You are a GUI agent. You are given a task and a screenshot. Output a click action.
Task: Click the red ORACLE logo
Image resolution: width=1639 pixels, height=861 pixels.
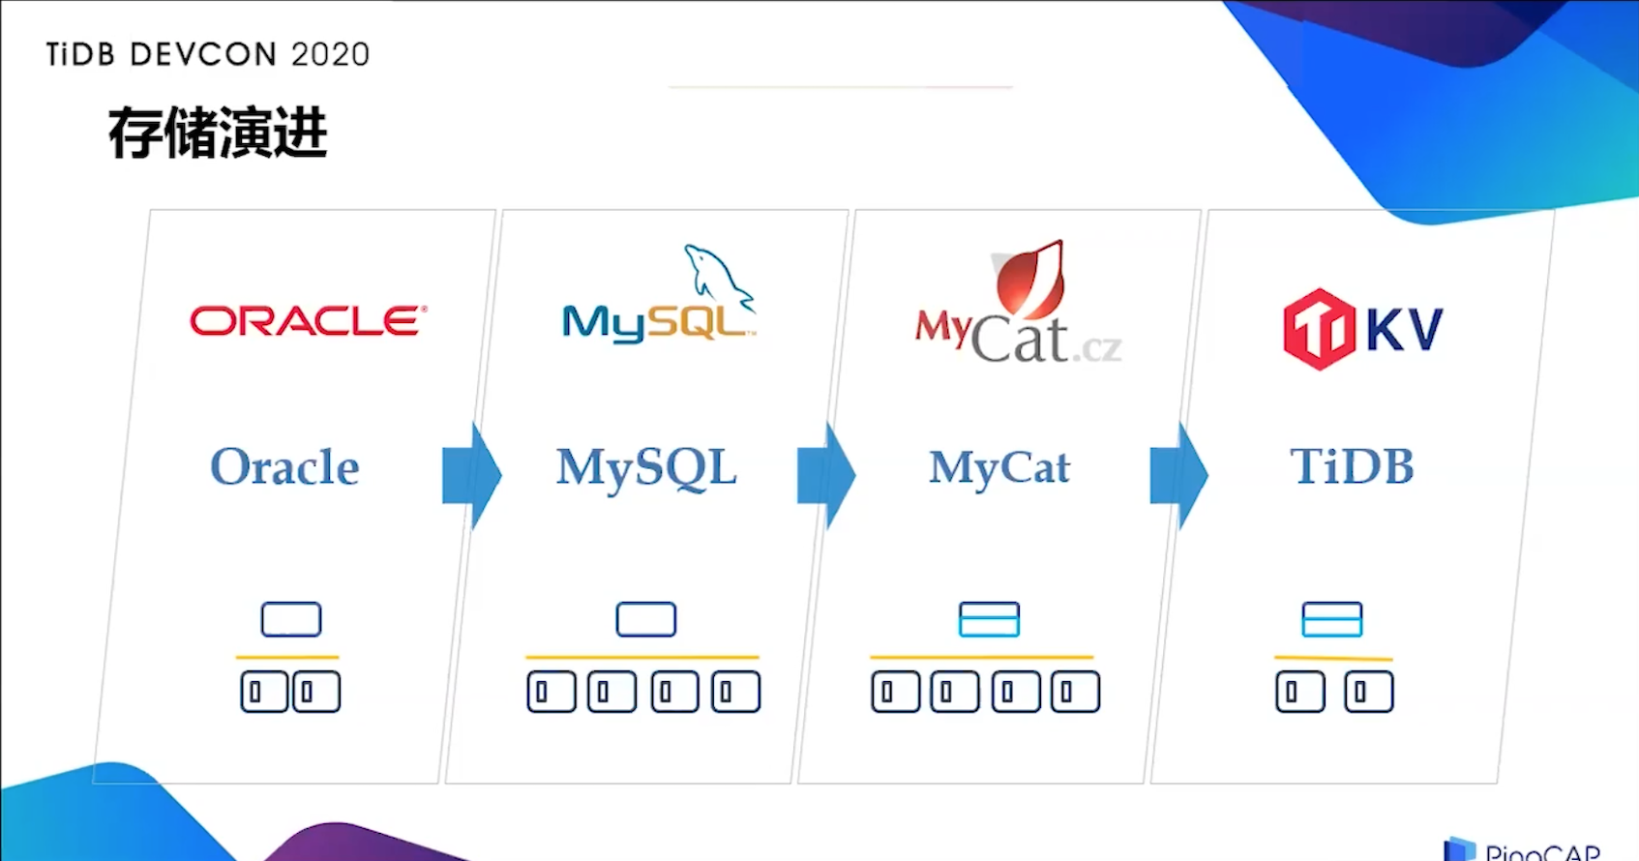coord(308,321)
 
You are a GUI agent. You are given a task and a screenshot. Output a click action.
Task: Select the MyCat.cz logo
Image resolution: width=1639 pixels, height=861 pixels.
coord(1018,308)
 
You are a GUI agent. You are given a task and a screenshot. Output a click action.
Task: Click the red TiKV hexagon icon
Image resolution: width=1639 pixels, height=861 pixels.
coord(1318,329)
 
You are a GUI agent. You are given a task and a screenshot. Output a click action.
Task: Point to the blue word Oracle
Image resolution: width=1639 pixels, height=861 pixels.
coord(284,467)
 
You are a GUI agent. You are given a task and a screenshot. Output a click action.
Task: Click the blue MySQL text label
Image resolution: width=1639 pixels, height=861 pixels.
coord(646,468)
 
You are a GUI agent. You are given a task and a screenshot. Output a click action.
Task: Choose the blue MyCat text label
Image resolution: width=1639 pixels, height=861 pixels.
coord(999,468)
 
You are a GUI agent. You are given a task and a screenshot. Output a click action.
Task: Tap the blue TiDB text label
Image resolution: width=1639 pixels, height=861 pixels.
coord(1352,466)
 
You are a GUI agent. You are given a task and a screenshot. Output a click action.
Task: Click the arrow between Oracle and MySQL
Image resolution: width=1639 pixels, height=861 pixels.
coord(471,475)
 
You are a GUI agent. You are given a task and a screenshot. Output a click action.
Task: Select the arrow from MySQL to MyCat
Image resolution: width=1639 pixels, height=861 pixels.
coord(825,475)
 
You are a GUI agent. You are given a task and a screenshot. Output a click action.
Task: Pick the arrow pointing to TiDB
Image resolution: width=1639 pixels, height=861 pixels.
coord(1178,475)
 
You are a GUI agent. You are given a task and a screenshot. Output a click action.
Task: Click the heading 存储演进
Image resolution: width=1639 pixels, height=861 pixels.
coord(218,134)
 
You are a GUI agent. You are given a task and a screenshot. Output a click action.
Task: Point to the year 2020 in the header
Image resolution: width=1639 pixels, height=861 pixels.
coord(330,55)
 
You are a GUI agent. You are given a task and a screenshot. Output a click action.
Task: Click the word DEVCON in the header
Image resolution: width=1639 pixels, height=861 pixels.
coord(203,55)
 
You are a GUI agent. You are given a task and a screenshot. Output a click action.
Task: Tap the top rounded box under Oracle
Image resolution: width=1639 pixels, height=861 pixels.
coord(291,619)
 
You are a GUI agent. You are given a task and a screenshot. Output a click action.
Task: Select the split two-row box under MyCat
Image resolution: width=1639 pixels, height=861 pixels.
coord(989,619)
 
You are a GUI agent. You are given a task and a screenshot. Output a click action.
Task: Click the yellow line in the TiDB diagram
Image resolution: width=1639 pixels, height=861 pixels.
coord(1333,658)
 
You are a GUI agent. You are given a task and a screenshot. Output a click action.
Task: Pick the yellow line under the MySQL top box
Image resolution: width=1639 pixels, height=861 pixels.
coord(642,657)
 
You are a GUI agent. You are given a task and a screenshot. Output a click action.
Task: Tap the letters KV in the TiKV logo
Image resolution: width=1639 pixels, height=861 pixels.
coord(1404,329)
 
